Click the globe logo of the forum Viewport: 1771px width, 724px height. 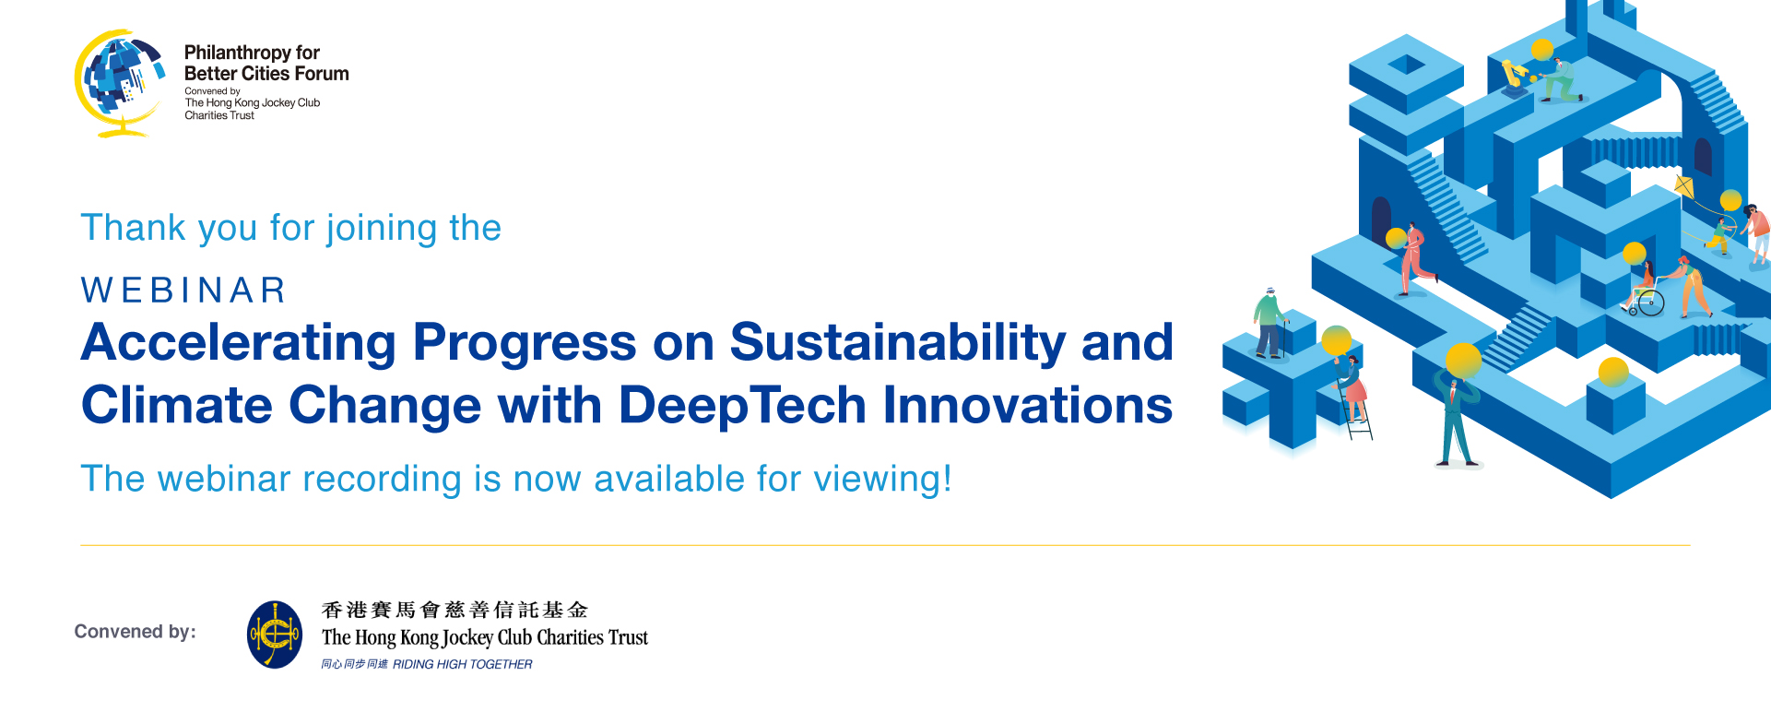tap(120, 83)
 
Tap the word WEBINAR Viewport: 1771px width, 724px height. tap(183, 290)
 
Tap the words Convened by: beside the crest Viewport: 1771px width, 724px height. tap(136, 632)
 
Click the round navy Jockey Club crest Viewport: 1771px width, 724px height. tap(275, 635)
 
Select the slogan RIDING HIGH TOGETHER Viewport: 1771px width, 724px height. tap(462, 664)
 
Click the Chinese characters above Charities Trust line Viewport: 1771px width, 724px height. tap(455, 610)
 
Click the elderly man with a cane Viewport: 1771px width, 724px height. tap(1270, 323)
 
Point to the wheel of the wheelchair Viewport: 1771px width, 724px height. tap(1651, 303)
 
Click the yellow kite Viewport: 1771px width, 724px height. tap(1684, 187)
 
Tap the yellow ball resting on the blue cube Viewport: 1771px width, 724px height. tap(1613, 372)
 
